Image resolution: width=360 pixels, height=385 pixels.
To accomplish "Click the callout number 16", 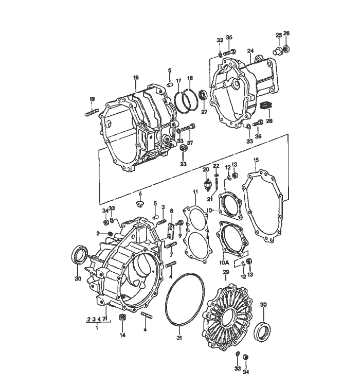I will coord(136,78).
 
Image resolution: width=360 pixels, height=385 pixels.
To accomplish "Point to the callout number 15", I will coord(256,161).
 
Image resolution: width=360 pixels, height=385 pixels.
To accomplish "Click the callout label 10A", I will coord(225,262).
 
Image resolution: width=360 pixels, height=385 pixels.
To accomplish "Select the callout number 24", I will coord(250,51).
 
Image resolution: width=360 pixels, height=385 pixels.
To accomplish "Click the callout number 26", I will coord(287,34).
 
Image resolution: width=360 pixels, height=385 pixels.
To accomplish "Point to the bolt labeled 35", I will coord(231,51).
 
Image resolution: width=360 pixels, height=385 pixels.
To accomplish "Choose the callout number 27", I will coord(204,112).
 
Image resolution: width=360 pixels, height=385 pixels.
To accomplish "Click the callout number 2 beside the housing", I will coord(98,233).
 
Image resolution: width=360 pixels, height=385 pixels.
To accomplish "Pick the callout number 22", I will coord(217,166).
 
